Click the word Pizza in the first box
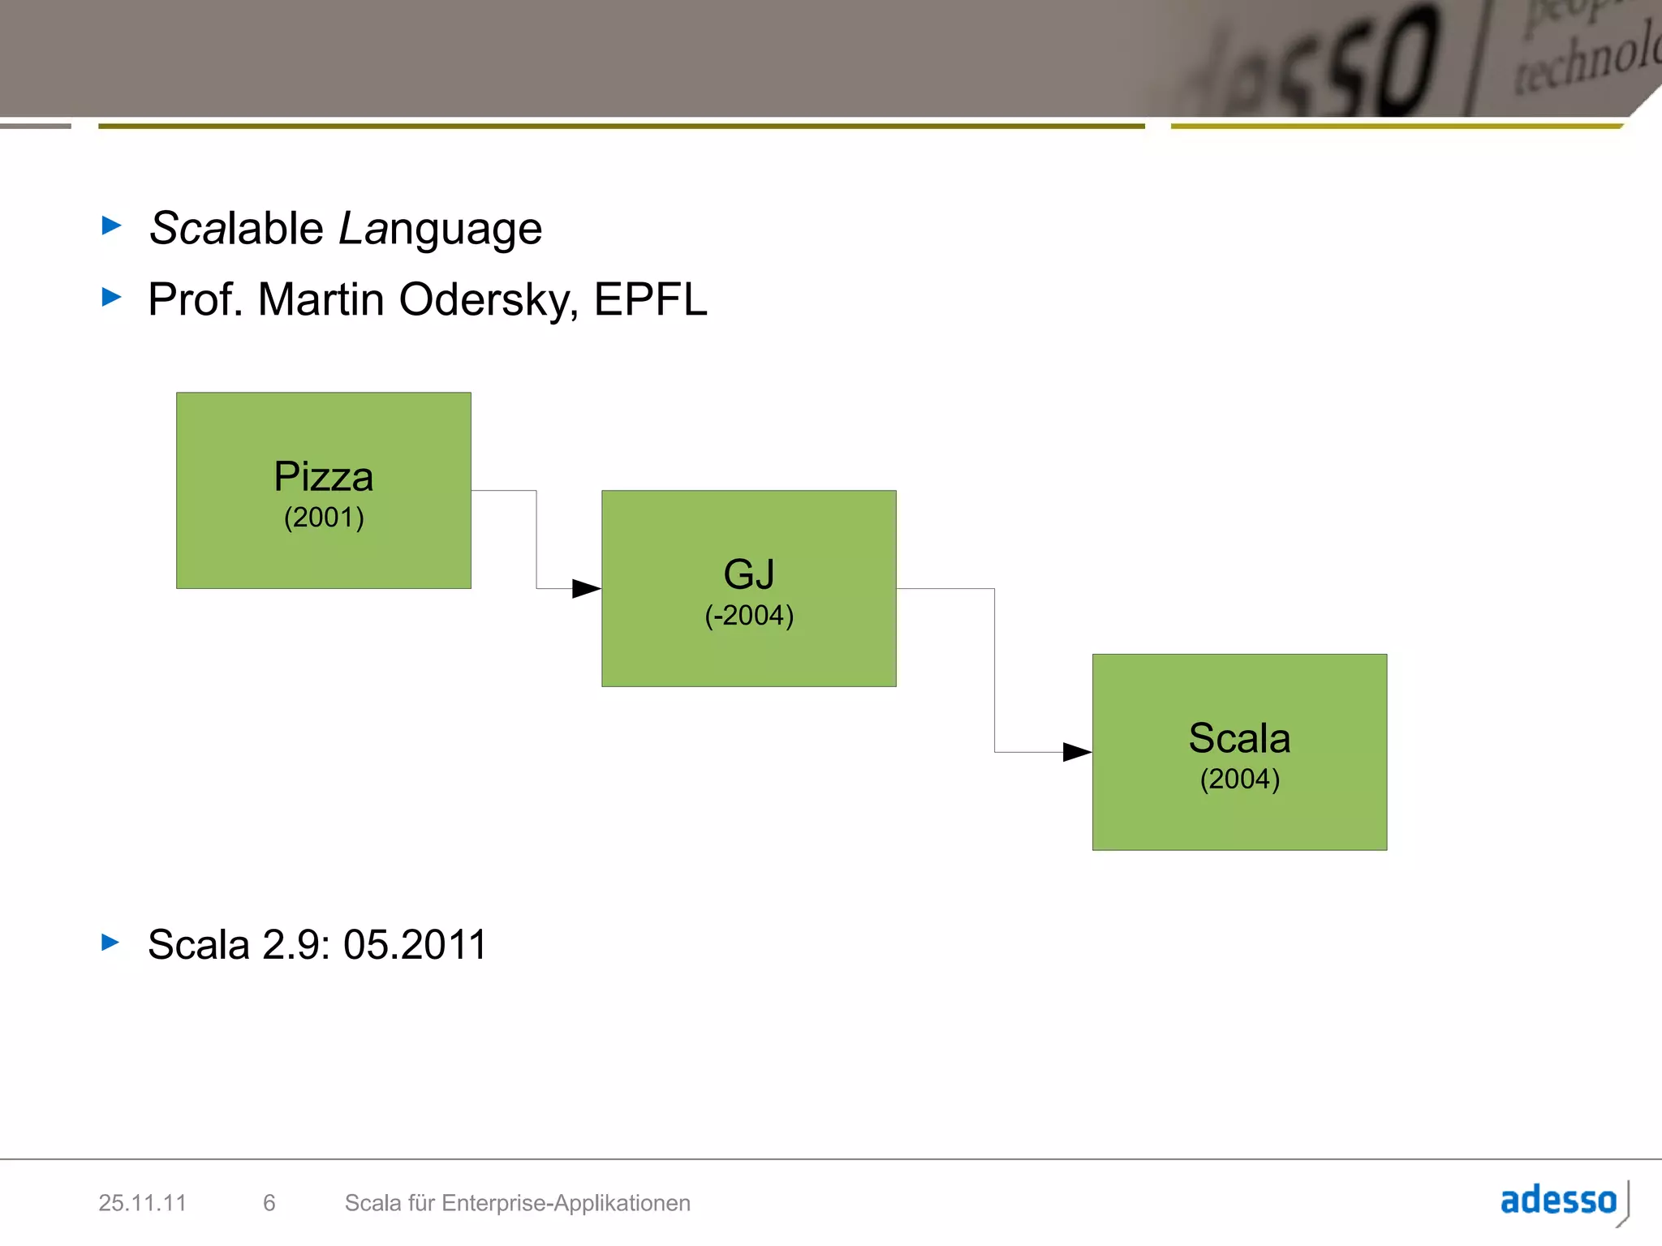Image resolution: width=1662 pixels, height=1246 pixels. tap(323, 476)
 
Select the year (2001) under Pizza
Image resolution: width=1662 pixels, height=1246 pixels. tap(324, 518)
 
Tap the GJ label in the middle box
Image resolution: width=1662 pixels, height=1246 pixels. tap(748, 574)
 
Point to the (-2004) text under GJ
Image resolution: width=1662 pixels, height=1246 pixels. tap(748, 616)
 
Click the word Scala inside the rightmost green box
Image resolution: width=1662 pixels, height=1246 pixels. tap(1239, 738)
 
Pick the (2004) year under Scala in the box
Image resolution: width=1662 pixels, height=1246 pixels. tap(1239, 780)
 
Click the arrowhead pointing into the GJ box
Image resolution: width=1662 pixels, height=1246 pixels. tap(586, 588)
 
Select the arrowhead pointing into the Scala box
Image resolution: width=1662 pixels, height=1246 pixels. tap(1077, 752)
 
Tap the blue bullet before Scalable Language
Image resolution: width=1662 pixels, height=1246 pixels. tap(111, 225)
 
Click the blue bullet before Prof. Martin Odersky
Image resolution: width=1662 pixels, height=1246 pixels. tap(111, 297)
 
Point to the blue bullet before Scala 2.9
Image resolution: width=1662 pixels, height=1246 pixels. tap(110, 942)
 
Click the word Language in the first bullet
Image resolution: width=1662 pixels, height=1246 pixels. tap(440, 230)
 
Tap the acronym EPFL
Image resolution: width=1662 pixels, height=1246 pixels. tap(650, 299)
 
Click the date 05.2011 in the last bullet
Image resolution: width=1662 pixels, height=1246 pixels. tap(415, 945)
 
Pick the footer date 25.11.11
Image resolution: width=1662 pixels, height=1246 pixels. tap(142, 1203)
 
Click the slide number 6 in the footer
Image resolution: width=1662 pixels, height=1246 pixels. tap(269, 1203)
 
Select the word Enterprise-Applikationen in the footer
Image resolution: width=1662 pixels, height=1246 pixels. tap(566, 1203)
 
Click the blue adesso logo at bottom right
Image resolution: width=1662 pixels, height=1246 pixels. tap(1559, 1201)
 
